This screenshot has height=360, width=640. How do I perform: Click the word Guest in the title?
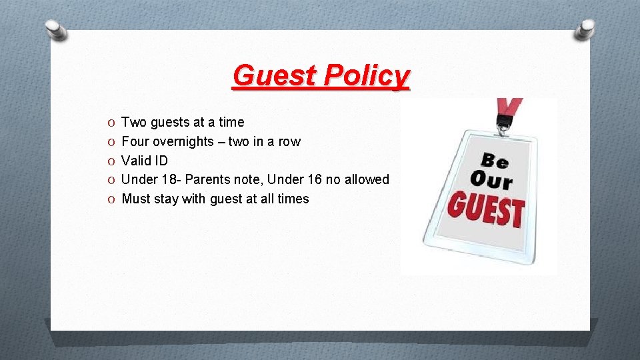pyautogui.click(x=275, y=75)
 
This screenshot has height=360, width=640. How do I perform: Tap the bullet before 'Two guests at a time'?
pyautogui.click(x=110, y=123)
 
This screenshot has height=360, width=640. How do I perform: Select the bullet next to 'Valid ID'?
pyautogui.click(x=110, y=161)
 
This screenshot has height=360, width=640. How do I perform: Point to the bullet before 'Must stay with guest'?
pyautogui.click(x=110, y=199)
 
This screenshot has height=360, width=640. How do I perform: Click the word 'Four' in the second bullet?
pyautogui.click(x=135, y=141)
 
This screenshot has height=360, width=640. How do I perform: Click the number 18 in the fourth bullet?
pyautogui.click(x=167, y=179)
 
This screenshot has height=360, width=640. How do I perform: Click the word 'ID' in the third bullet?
pyautogui.click(x=160, y=161)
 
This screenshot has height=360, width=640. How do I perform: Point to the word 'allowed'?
pyautogui.click(x=366, y=179)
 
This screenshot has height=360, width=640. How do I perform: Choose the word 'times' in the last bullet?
pyautogui.click(x=293, y=199)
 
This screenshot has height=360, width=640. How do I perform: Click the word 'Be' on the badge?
pyautogui.click(x=495, y=161)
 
